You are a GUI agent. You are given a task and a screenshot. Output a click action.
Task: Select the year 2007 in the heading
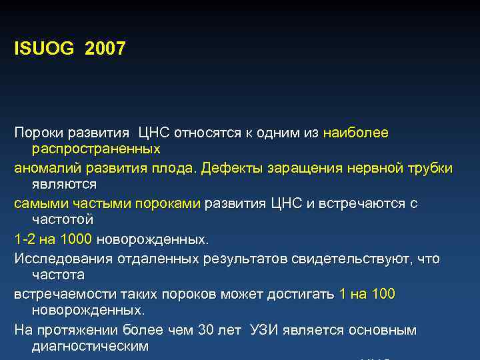[x=105, y=49]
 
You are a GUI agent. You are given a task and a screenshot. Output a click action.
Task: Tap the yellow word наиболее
[x=355, y=133]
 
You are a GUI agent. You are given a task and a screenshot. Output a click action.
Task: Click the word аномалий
[x=44, y=168]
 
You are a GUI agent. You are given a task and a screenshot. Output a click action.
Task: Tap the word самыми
[x=37, y=203]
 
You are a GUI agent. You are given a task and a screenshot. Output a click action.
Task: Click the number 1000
[x=77, y=238]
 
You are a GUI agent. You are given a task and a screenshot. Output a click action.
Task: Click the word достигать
[x=303, y=294]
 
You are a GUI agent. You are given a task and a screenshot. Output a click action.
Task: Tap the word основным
[x=383, y=330]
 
